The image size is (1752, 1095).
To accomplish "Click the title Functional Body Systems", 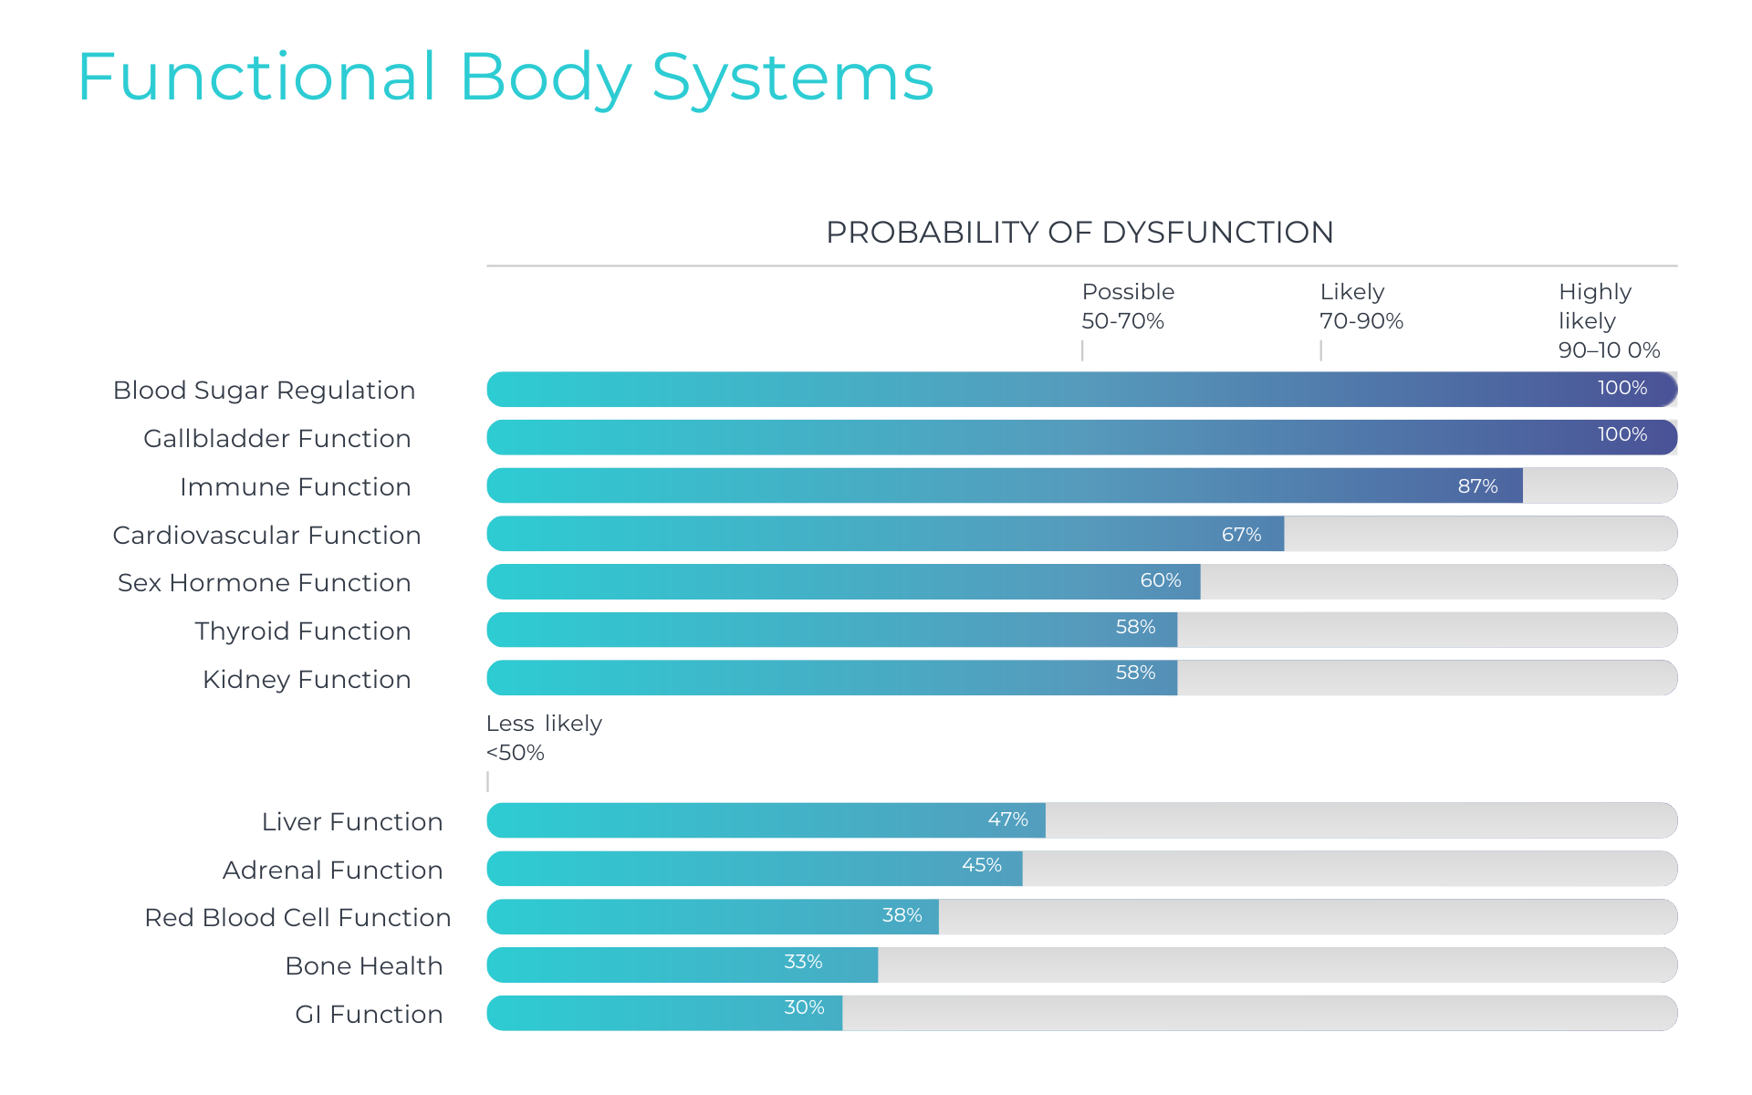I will point(506,78).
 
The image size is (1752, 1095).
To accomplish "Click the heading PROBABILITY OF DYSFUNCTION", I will point(1079,233).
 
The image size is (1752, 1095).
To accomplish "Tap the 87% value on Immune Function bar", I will point(1477,486).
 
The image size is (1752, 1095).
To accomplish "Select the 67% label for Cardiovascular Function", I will point(1241,535).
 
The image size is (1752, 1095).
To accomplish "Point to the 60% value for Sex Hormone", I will point(1160,580).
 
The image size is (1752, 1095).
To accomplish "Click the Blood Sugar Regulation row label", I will point(264,391).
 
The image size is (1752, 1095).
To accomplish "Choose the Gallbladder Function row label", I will point(276,439).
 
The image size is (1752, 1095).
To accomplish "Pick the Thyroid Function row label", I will point(302,631).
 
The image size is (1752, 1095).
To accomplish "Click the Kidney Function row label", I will point(307,680).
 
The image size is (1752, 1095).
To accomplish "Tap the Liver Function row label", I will point(351,822).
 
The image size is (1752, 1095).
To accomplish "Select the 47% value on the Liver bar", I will point(1007,819).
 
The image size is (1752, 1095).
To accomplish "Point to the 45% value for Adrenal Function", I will point(981,865).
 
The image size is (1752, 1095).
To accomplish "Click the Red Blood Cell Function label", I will point(297,918).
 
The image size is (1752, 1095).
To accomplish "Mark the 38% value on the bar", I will point(902,915).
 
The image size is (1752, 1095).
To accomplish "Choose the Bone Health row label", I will point(363,966).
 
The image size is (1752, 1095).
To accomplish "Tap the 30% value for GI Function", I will point(804,1007).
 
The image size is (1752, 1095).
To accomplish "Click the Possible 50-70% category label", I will point(1127,307).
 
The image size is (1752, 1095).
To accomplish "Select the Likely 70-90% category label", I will point(1361,307).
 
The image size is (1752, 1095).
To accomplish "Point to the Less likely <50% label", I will point(543,738).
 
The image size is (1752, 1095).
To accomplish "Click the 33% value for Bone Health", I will point(803,962).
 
